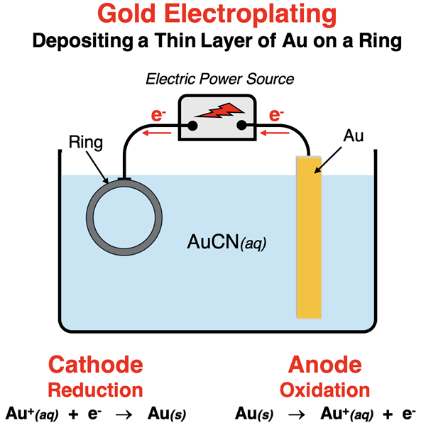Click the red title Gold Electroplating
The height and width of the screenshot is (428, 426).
tap(212, 14)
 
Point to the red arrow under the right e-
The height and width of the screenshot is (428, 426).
tap(278, 132)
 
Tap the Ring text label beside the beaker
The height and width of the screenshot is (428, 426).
tap(86, 142)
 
